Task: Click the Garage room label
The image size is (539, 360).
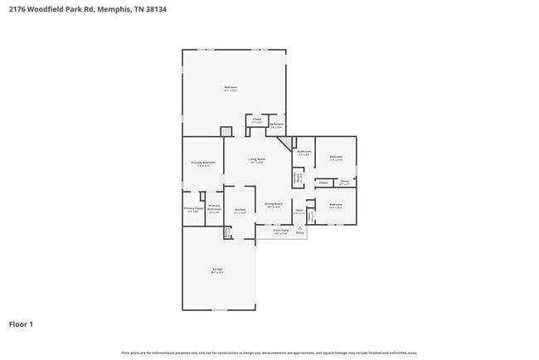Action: [217, 270]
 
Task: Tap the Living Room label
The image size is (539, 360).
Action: [256, 159]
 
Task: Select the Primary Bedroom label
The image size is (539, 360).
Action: [203, 163]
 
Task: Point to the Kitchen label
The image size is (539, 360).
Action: [240, 211]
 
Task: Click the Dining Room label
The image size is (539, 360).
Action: [274, 204]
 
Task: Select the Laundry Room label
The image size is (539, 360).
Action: [226, 233]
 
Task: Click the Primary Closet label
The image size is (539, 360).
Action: [193, 209]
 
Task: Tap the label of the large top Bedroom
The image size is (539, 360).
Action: [231, 88]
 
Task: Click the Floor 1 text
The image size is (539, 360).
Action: [21, 324]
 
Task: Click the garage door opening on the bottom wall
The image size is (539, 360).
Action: [219, 309]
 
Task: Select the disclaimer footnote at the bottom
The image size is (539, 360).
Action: [269, 353]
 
